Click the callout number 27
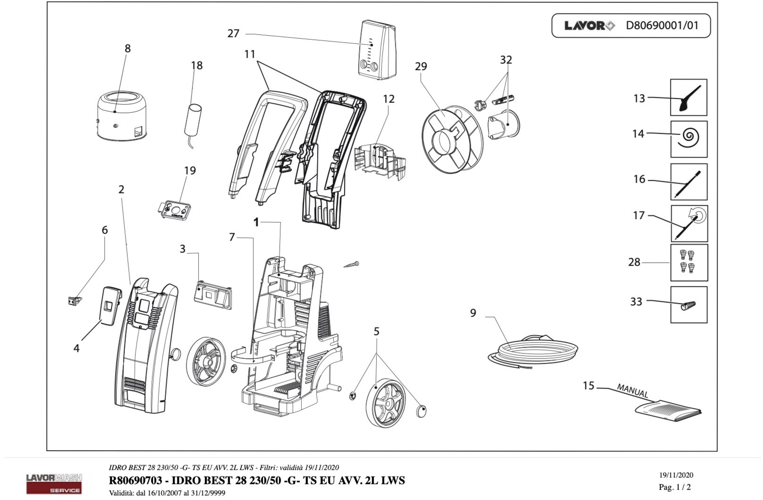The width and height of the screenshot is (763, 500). [233, 33]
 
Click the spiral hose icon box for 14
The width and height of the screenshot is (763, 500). [689, 139]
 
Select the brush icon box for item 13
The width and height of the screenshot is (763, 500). [688, 97]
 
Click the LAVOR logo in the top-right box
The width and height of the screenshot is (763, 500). [589, 26]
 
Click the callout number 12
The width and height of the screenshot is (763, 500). [389, 99]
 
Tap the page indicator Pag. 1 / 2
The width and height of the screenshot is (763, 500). [675, 487]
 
